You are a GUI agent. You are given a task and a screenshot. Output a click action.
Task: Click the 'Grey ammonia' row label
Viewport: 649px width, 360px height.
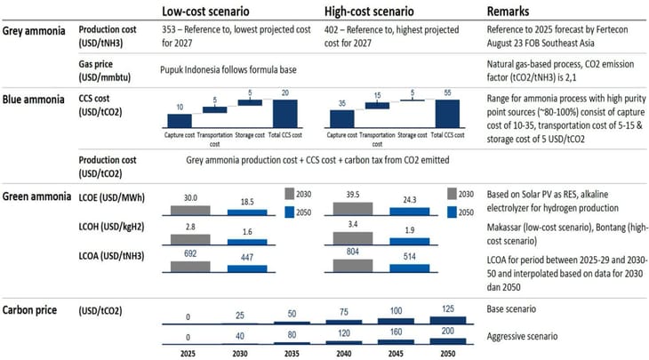[36, 29]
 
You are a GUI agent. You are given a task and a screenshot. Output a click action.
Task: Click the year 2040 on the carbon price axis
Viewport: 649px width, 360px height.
[343, 353]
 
